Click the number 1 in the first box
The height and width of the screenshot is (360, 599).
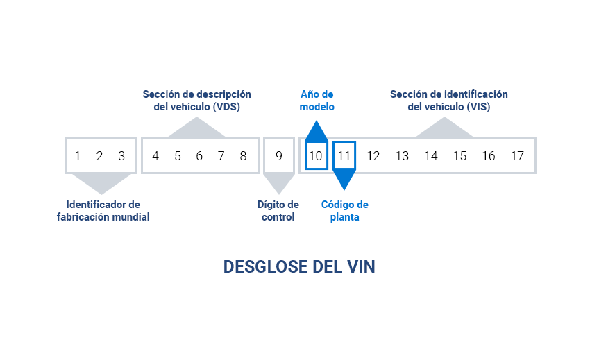coord(78,156)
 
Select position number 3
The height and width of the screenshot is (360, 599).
coord(121,156)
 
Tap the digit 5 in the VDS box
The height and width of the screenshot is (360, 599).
coord(178,156)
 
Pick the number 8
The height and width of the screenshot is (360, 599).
coord(243,156)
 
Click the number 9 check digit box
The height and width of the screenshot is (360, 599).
coord(279,156)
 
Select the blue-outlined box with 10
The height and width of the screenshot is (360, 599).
coord(316,156)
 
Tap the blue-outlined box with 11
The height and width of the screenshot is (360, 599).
coord(344,156)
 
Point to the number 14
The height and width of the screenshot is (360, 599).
coord(431,156)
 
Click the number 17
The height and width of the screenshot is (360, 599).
coord(517,156)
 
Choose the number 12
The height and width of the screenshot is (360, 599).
coord(373,156)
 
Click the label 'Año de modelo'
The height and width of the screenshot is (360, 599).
coord(317,101)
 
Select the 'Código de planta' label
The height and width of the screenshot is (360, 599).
coord(344,211)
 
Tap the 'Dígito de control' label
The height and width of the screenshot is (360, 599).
coord(278,211)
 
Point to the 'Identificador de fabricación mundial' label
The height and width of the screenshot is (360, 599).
coord(103,211)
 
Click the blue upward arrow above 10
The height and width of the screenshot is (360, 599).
coord(317,132)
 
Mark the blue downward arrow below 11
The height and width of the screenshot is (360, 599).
coord(344,180)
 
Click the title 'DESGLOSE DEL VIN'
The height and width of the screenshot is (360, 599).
coord(299,267)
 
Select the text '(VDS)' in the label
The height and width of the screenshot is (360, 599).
coord(226,108)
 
